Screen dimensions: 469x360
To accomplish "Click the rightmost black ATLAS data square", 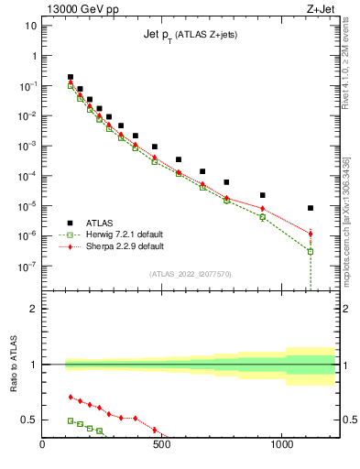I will tap(311, 208).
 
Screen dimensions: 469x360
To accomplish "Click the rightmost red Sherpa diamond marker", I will tap(311, 234).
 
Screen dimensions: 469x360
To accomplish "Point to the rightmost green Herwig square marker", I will tap(311, 251).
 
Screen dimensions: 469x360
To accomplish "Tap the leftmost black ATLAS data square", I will tap(71, 77).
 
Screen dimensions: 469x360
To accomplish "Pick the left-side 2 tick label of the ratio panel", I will tap(32, 309).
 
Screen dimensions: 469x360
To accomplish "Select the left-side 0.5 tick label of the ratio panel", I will tap(28, 420).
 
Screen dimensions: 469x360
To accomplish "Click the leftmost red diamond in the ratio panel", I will tap(71, 397).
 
